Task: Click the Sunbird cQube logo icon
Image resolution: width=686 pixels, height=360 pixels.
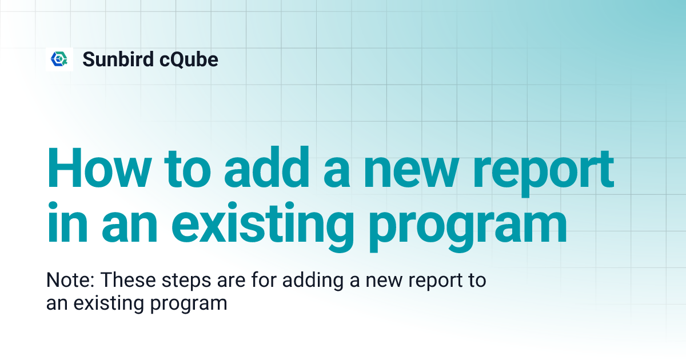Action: pyautogui.click(x=59, y=59)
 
